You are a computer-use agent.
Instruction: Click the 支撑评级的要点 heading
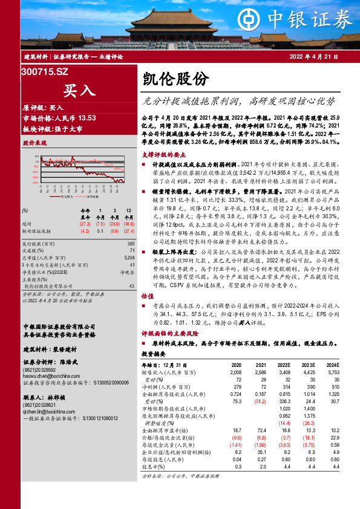click(x=161, y=154)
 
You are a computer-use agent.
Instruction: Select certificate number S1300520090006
click(x=111, y=383)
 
